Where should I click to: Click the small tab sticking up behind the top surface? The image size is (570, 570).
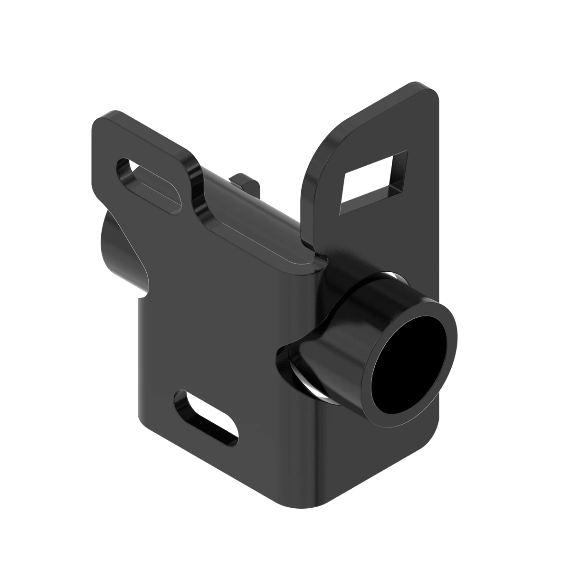pyautogui.click(x=245, y=183)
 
